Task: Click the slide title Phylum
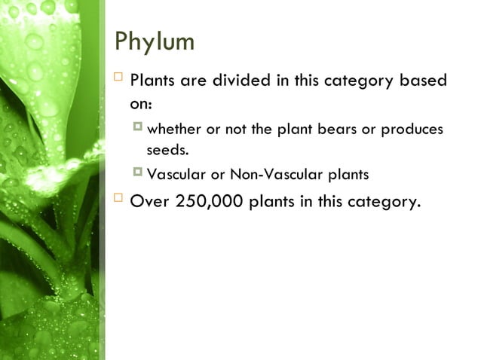tap(154, 41)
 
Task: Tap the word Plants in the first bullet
tap(154, 81)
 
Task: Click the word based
tap(423, 81)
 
